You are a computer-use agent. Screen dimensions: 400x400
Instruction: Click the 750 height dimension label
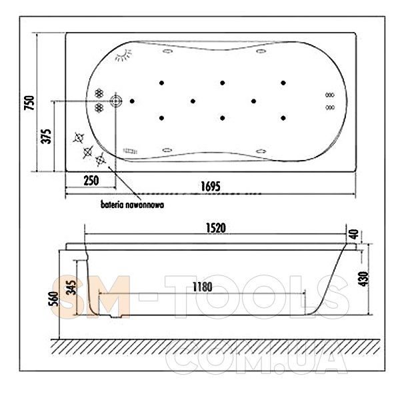click(29, 103)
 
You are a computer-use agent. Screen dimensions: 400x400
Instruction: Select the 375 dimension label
click(46, 137)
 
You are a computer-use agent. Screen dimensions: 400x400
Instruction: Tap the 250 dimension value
click(91, 181)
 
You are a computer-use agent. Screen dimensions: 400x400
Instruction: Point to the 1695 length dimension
click(211, 186)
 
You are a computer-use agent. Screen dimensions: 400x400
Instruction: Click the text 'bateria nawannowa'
click(132, 205)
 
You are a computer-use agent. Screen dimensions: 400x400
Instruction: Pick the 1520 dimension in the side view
click(216, 228)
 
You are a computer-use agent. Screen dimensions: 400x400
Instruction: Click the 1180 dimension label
click(202, 287)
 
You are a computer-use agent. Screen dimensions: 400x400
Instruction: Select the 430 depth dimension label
click(363, 279)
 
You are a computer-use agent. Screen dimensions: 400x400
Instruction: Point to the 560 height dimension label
click(53, 299)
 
